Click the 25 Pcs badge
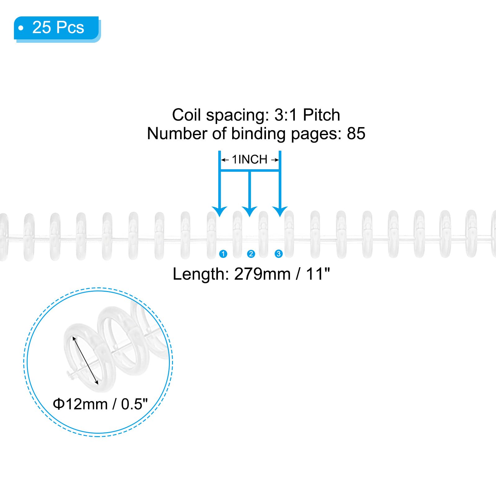pyautogui.click(x=57, y=29)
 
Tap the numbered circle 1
pyautogui.click(x=223, y=254)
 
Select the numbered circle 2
pyautogui.click(x=251, y=254)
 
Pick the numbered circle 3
pyautogui.click(x=278, y=254)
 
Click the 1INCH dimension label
pyautogui.click(x=250, y=160)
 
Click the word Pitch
pyautogui.click(x=321, y=115)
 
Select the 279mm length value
pyautogui.click(x=262, y=274)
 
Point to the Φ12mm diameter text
pyautogui.click(x=80, y=404)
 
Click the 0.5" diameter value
pyautogui.click(x=134, y=404)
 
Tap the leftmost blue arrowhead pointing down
pyautogui.click(x=220, y=211)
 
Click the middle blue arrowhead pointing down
pyautogui.click(x=250, y=211)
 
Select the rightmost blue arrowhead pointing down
pyautogui.click(x=280, y=211)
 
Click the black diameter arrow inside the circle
pyautogui.click(x=86, y=361)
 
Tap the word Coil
pyautogui.click(x=187, y=115)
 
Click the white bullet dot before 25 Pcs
pyautogui.click(x=21, y=28)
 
